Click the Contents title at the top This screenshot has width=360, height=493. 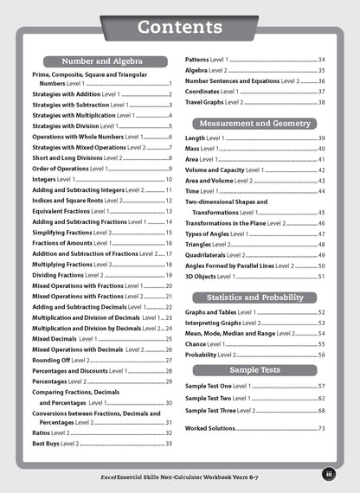coord(179,28)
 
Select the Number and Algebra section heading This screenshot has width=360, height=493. coord(102,61)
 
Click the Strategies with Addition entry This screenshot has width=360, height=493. coord(78,93)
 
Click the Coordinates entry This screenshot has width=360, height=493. coord(212,91)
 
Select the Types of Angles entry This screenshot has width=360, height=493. coord(218,234)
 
